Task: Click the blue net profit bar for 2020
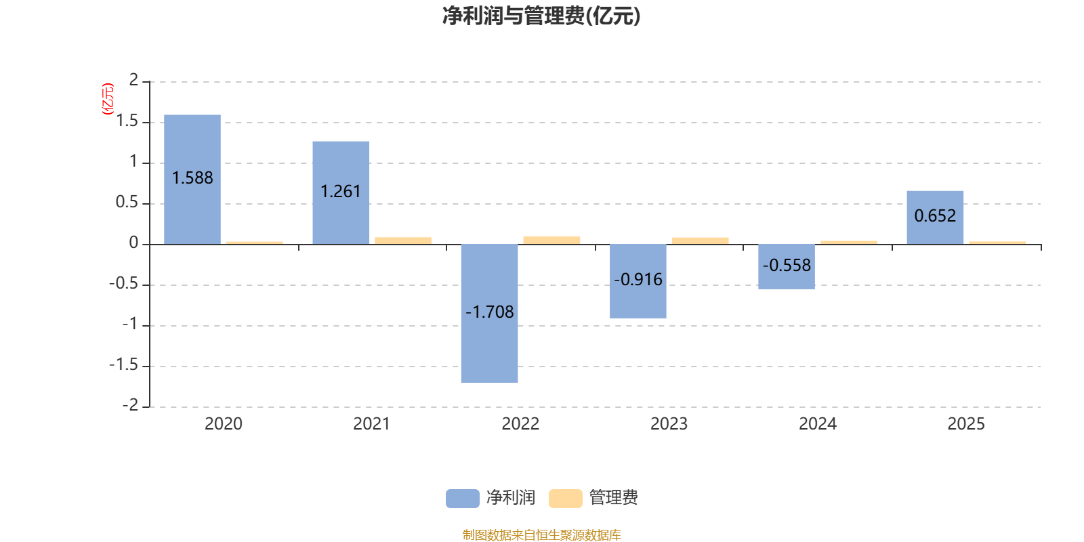(x=192, y=180)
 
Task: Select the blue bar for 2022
(x=489, y=314)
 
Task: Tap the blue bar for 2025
(x=935, y=217)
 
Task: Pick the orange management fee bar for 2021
(x=403, y=241)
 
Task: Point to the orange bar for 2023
(x=701, y=241)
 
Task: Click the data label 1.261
(x=341, y=192)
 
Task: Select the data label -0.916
(x=638, y=280)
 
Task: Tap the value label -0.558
(x=787, y=265)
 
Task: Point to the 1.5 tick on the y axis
(x=127, y=121)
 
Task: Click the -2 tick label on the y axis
(x=131, y=405)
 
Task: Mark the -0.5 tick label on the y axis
(x=124, y=283)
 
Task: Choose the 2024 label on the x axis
(x=817, y=424)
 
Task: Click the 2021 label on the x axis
(x=371, y=424)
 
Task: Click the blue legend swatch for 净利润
(x=463, y=499)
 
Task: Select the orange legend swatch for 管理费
(x=565, y=499)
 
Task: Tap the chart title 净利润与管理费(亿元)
(x=541, y=16)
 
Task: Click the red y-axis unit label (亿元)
(x=108, y=99)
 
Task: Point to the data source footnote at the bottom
(x=541, y=535)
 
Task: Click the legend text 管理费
(x=613, y=498)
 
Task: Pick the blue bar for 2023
(x=638, y=281)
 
